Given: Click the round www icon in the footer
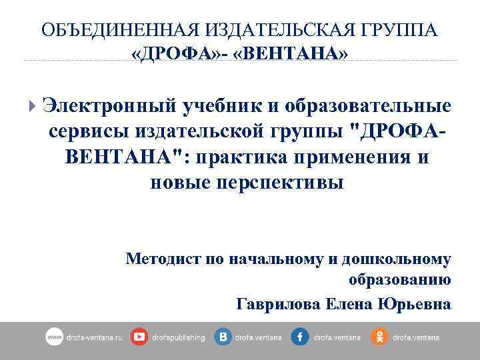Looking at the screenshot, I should [x=54, y=337].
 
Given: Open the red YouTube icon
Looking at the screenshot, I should [x=139, y=337].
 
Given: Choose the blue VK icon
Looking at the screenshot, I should [x=223, y=337].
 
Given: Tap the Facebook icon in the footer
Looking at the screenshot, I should [x=300, y=337].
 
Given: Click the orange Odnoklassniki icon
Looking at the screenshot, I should [x=379, y=337].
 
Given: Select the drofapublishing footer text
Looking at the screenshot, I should [x=178, y=338].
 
